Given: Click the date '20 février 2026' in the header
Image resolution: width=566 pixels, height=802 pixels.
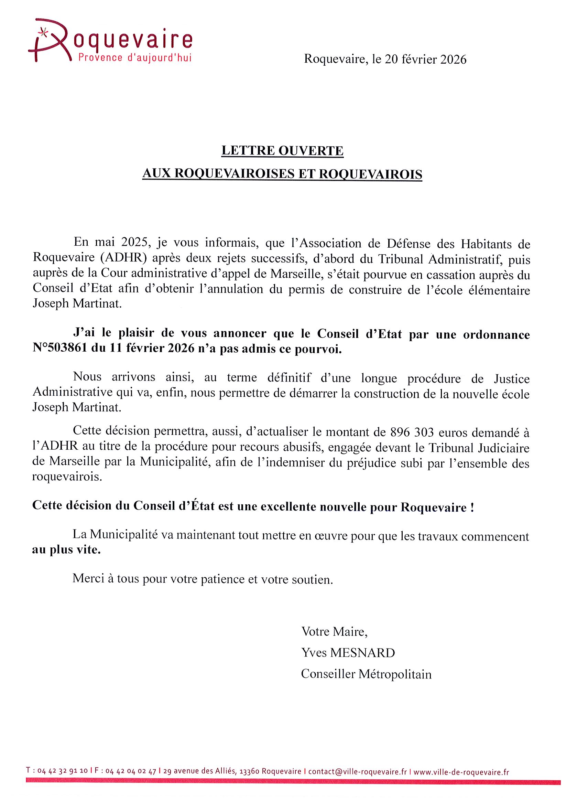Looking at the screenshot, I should pyautogui.click(x=425, y=60).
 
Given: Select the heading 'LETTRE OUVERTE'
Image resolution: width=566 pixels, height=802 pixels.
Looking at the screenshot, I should pyautogui.click(x=282, y=151).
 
